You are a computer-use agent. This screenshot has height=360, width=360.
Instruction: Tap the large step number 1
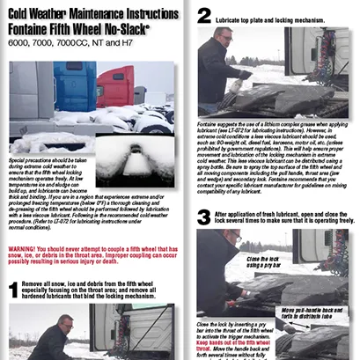point(13,290)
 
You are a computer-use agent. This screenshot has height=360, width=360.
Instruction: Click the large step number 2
point(204,15)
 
